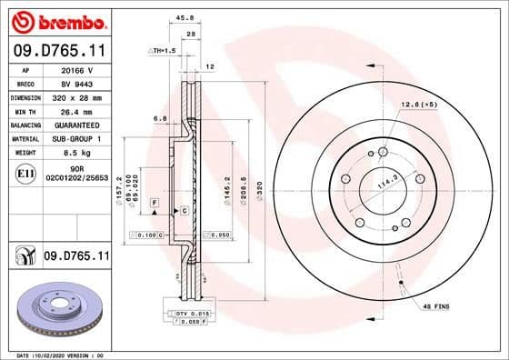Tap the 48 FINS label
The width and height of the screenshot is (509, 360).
(435, 307)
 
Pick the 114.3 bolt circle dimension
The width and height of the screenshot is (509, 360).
(390, 180)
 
